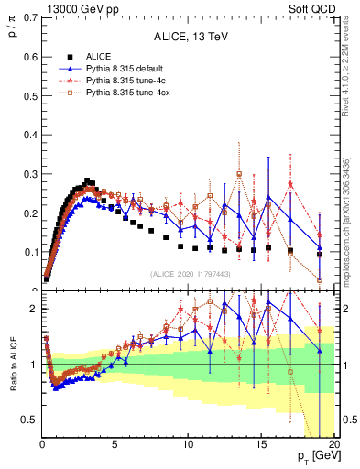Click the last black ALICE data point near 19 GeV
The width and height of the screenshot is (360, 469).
[x=319, y=254]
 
